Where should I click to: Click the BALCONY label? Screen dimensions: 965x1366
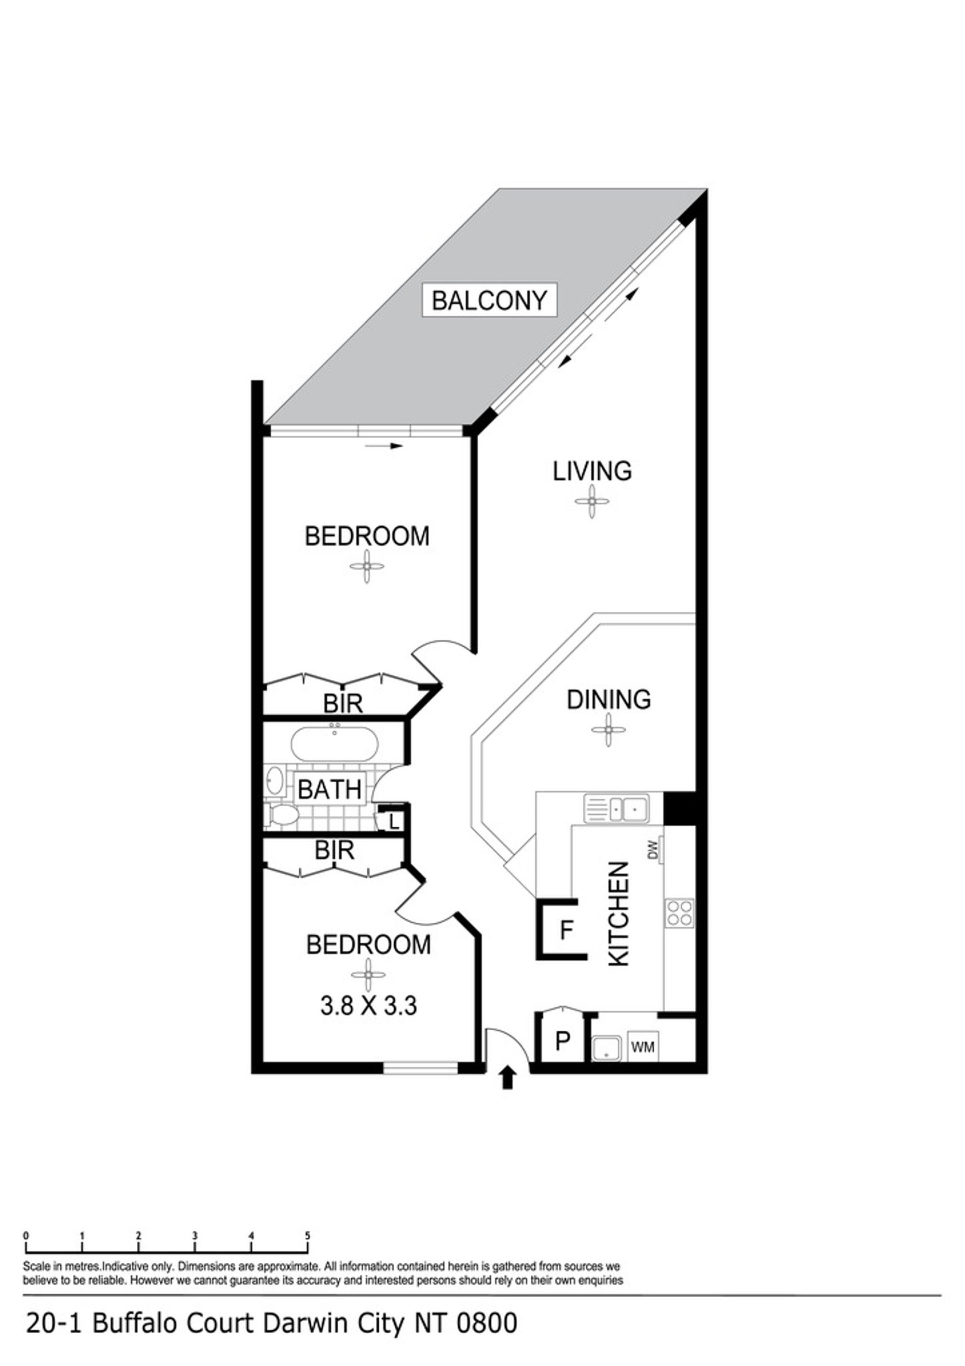pyautogui.click(x=489, y=300)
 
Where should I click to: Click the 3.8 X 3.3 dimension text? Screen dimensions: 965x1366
pyautogui.click(x=369, y=1006)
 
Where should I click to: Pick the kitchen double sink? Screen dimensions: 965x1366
pyautogui.click(x=616, y=808)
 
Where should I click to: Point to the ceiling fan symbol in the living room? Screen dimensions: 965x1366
pyautogui.click(x=592, y=501)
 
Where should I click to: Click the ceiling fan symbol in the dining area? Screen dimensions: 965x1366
pyautogui.click(x=608, y=729)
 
